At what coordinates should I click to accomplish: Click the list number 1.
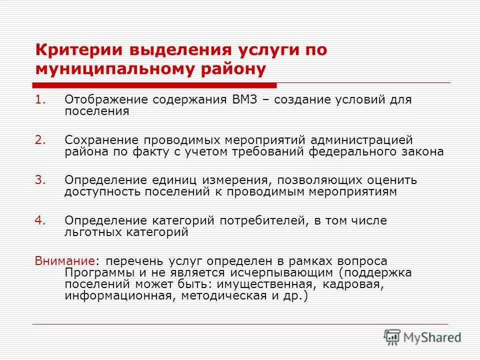[x=40, y=99]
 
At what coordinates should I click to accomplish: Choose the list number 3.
[x=40, y=180]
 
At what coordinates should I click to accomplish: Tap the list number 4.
[x=40, y=220]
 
